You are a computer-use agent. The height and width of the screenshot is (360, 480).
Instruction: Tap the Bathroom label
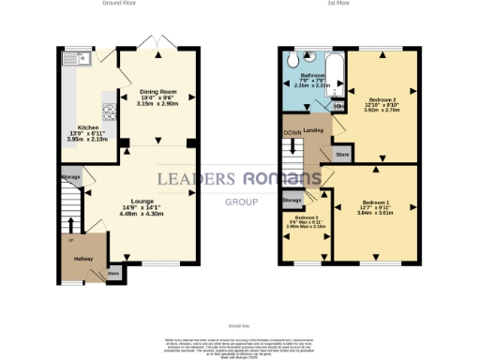tap(311, 75)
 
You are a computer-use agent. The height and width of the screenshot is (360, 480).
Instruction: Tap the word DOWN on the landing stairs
tap(292, 132)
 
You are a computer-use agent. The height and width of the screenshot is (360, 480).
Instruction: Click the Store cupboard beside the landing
tap(342, 152)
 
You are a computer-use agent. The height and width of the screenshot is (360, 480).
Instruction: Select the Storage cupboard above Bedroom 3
tap(292, 200)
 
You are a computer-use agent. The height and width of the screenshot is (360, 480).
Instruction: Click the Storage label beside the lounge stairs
tap(70, 176)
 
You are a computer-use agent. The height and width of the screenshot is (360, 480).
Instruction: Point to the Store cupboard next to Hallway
tap(114, 274)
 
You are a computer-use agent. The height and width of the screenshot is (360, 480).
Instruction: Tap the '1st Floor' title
tap(338, 4)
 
